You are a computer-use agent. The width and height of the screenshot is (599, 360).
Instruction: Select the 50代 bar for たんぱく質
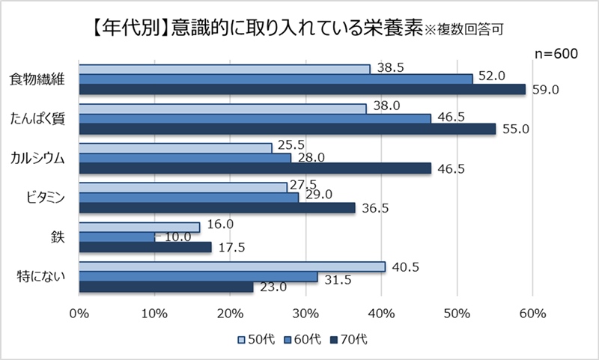tap(222, 109)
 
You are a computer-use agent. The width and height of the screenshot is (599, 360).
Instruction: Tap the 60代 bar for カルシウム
tap(185, 158)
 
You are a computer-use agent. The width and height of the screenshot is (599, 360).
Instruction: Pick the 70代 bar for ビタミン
tap(217, 208)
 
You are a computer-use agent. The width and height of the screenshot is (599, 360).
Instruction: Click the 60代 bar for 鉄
tap(117, 237)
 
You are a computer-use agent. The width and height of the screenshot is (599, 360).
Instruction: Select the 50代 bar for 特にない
tap(232, 266)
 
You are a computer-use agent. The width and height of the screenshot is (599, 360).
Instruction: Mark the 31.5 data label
tap(338, 278)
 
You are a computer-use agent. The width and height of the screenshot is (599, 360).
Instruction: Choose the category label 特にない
tap(40, 276)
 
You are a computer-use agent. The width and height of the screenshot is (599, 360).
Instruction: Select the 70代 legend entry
tap(348, 339)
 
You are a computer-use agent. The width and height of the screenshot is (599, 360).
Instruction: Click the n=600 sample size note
tap(556, 53)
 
